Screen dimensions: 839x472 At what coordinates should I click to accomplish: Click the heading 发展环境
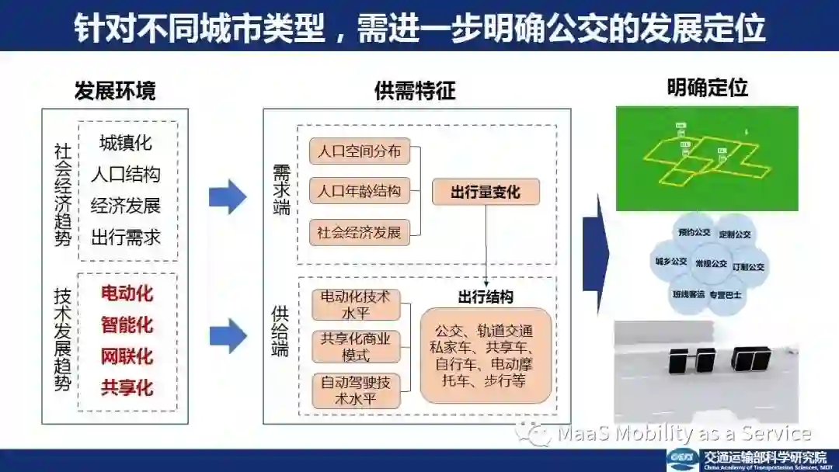click(115, 91)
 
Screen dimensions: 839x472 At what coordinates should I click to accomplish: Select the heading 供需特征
click(415, 91)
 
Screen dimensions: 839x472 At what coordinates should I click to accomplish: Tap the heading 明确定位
click(707, 88)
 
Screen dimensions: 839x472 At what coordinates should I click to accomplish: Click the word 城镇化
click(126, 143)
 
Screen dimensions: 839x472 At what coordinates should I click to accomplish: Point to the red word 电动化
click(127, 294)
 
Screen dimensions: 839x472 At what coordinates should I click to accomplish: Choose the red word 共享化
click(127, 387)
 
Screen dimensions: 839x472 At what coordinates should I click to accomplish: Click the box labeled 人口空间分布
click(360, 151)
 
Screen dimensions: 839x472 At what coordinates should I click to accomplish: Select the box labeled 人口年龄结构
click(360, 191)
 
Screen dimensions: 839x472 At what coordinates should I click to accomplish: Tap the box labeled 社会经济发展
click(360, 231)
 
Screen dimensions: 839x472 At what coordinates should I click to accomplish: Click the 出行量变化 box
click(486, 192)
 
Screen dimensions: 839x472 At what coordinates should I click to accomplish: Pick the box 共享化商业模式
click(356, 346)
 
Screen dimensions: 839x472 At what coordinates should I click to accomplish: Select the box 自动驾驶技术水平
click(356, 390)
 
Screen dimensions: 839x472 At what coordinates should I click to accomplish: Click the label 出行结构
click(486, 297)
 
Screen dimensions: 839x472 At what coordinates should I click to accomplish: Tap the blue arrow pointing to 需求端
click(228, 196)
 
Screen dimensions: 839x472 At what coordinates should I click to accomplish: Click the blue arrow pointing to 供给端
click(228, 335)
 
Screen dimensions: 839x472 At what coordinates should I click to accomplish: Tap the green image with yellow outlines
click(707, 158)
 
